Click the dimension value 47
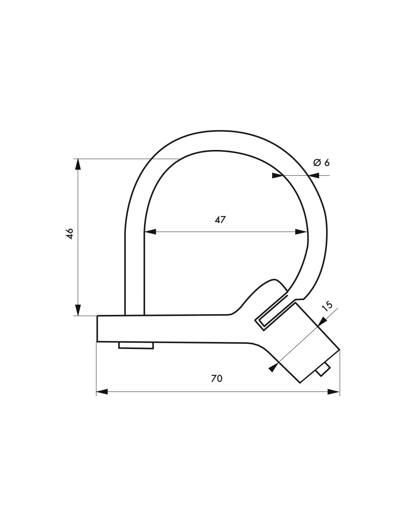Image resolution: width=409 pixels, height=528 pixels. pyautogui.click(x=220, y=219)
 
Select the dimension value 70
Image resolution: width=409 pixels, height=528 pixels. pyautogui.click(x=216, y=378)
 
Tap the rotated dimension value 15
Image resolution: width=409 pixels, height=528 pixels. pyautogui.click(x=327, y=306)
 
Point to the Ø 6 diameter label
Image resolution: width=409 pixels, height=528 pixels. pyautogui.click(x=321, y=163)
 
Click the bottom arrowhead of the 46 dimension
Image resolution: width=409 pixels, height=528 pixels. pyautogui.click(x=78, y=310)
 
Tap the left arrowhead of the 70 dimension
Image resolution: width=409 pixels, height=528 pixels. pyautogui.click(x=102, y=391)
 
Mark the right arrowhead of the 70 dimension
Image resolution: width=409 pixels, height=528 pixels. pyautogui.click(x=334, y=391)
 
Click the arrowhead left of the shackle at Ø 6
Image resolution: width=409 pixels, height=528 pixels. pyautogui.click(x=277, y=176)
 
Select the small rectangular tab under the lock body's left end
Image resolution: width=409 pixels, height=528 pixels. pyautogui.click(x=136, y=346)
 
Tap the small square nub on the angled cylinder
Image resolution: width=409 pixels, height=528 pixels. pyautogui.click(x=322, y=370)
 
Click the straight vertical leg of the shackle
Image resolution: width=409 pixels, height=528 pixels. pyautogui.click(x=134, y=275)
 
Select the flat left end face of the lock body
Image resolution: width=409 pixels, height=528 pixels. pyautogui.click(x=97, y=329)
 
